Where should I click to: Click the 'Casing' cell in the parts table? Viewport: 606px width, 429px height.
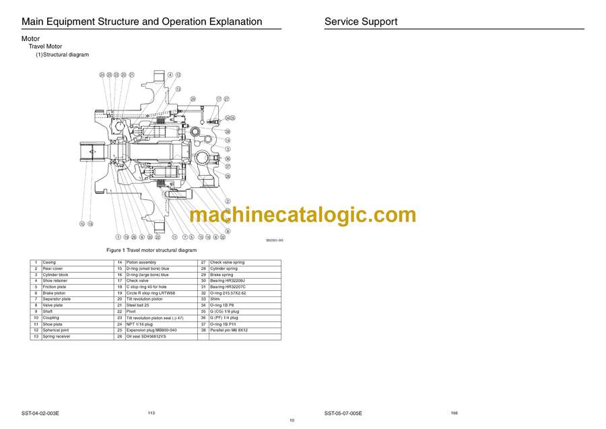[49, 262]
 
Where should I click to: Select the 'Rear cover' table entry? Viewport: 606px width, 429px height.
[53, 269]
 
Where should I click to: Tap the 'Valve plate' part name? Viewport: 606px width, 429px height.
[53, 305]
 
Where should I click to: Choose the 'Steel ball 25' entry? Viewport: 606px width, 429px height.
[137, 305]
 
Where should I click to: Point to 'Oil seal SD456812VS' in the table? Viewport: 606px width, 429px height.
[146, 336]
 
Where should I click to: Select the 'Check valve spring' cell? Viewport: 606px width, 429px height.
[227, 262]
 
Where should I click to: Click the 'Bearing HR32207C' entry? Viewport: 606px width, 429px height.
[228, 287]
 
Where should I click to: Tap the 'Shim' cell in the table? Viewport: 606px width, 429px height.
[215, 299]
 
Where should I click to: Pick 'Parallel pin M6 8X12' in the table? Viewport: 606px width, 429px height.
[229, 330]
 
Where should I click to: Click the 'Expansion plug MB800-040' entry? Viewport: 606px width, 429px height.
[151, 330]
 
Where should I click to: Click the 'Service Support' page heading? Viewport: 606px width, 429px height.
[360, 22]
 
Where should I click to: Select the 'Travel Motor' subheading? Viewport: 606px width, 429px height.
[45, 46]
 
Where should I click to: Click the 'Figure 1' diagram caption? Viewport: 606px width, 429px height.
[151, 250]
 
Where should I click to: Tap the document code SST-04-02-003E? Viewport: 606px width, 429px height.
[45, 413]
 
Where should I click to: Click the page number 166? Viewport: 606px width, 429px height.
[454, 412]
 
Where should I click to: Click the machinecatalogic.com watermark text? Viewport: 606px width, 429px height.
[302, 215]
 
